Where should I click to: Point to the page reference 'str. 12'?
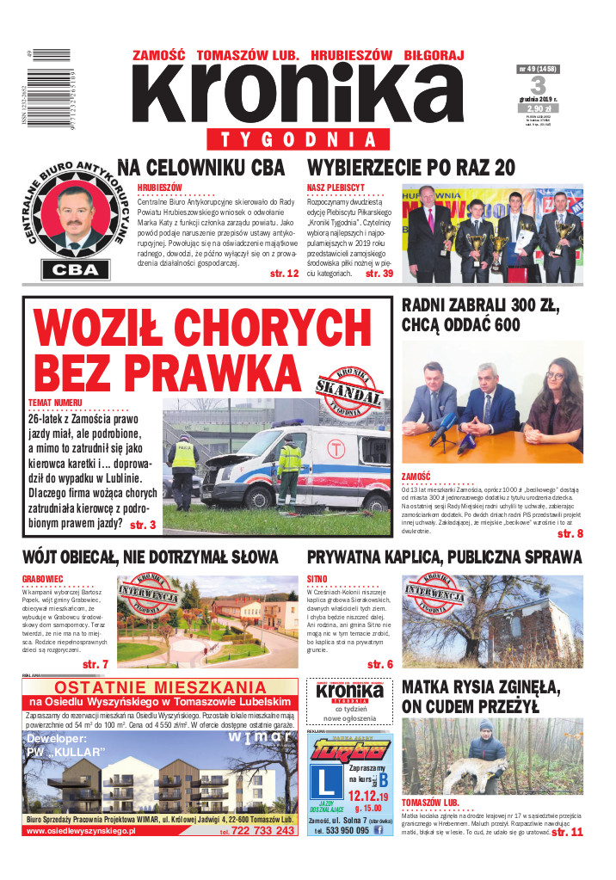click(x=283, y=274)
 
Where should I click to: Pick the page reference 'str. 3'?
click(x=141, y=525)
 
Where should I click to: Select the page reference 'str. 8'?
click(x=570, y=534)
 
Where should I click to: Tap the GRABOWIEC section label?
click(x=46, y=580)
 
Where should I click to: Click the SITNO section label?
click(x=317, y=580)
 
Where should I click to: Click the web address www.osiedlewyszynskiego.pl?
click(x=82, y=832)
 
